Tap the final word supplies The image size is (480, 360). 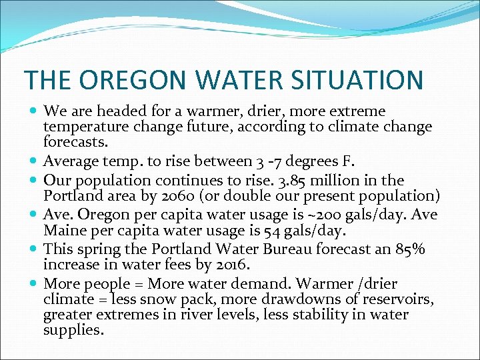73,330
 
